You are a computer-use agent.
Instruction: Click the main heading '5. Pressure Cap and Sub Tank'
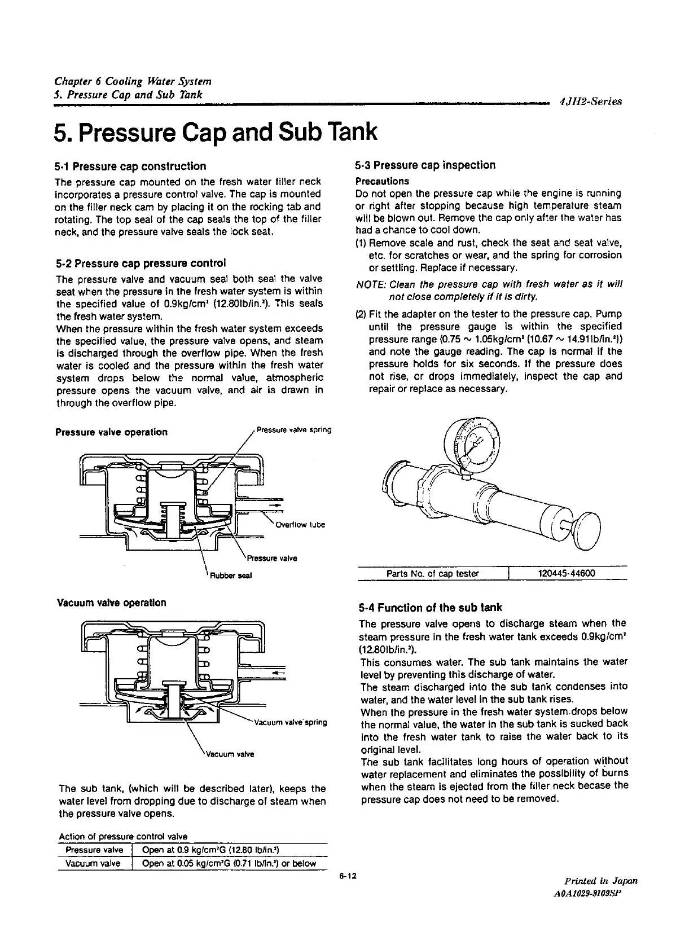tap(215, 131)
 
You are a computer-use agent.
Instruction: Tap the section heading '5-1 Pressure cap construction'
tap(130, 166)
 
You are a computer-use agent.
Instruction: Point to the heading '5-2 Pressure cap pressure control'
tap(141, 263)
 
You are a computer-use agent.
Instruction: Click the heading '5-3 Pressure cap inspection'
tap(425, 165)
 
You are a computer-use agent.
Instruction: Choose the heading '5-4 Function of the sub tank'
tap(430, 608)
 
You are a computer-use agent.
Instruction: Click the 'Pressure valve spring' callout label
tap(293, 430)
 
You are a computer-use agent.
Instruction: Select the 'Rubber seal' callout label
tap(230, 575)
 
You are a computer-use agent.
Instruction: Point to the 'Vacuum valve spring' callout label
tap(291, 722)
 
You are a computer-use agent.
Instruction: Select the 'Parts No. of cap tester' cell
tap(432, 574)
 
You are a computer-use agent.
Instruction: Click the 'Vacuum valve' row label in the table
tap(94, 863)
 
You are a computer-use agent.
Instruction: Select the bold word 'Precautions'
tap(382, 181)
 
